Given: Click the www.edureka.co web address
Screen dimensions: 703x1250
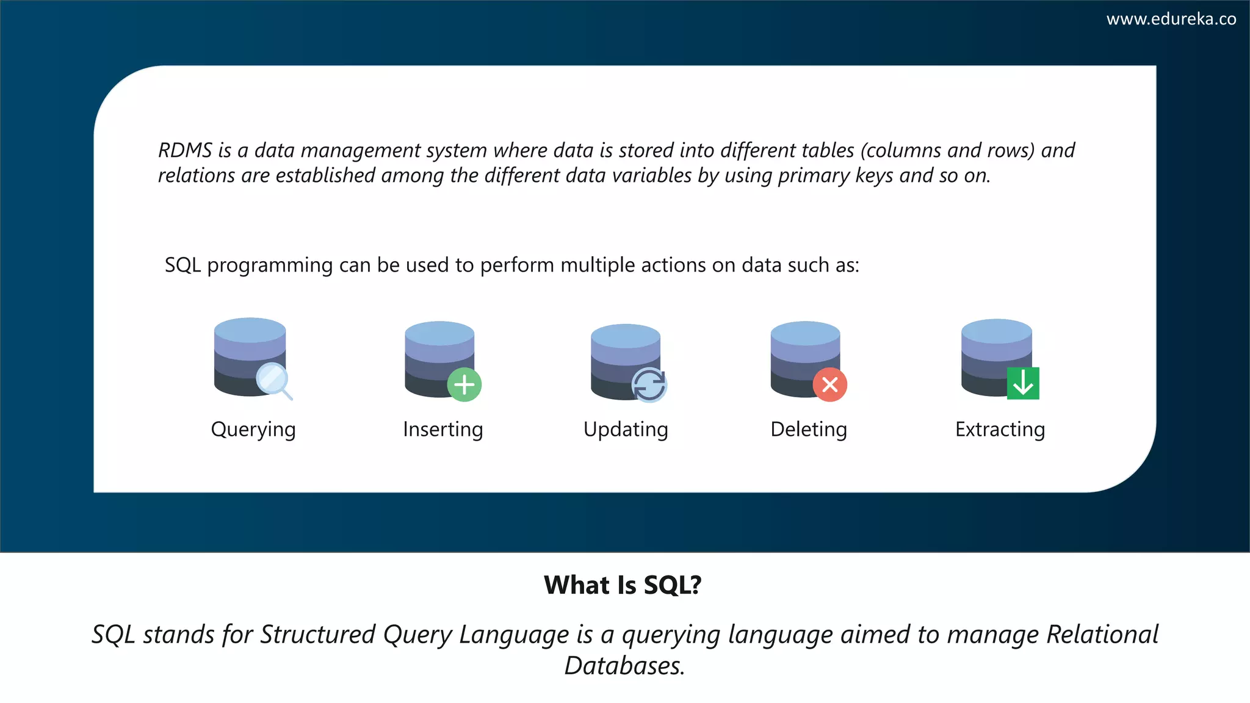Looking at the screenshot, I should pos(1171,19).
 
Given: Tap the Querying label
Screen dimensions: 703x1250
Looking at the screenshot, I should pos(253,430).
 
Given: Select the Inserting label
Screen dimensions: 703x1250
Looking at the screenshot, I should pos(443,430).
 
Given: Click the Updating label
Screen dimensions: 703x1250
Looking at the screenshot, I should pos(626,430).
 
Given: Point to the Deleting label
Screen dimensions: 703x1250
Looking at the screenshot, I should pos(808,430).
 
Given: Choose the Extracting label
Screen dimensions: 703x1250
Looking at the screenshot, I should pos(1000,430).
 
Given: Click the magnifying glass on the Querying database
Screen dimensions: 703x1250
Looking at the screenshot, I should pos(272,380).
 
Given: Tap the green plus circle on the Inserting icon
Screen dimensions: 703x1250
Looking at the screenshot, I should pos(464,384).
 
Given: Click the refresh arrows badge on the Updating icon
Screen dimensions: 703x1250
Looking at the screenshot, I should pos(649,385).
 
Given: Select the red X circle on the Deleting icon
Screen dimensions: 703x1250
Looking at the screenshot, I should pos(829,384).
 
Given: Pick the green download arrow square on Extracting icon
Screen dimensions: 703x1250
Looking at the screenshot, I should pos(1023,383).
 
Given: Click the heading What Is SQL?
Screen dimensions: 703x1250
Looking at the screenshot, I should pos(623,585).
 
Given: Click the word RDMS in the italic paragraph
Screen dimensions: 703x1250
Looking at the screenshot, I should pos(185,150).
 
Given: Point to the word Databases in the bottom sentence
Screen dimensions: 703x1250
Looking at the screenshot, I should pos(624,666).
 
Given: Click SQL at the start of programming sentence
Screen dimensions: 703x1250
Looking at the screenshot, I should pos(182,265).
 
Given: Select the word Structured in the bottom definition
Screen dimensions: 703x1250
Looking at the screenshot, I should pos(317,635).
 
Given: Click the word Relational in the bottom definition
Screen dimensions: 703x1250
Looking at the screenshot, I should pos(1102,635).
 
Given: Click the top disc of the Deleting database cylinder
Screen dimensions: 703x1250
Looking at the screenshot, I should pos(805,333).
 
